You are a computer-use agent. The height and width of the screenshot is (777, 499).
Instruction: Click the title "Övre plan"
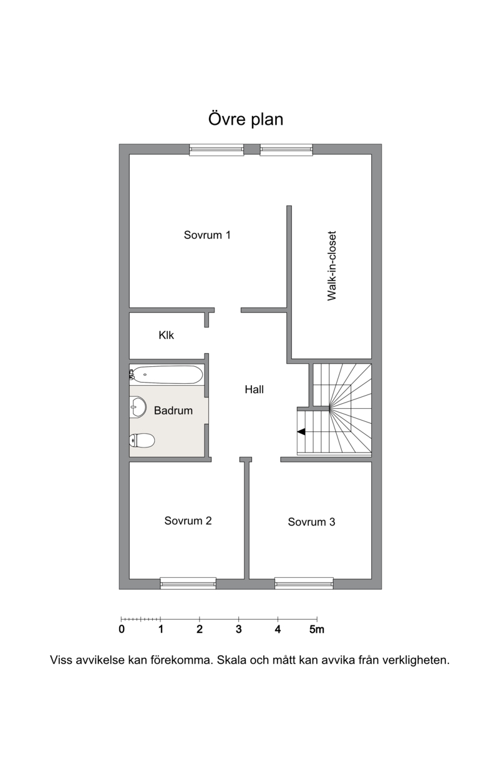pyautogui.click(x=246, y=119)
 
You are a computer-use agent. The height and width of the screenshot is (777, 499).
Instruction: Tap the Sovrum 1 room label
pyautogui.click(x=207, y=235)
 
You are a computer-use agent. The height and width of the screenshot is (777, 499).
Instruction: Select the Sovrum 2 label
pyautogui.click(x=188, y=520)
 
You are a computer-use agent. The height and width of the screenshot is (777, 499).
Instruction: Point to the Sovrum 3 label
pyautogui.click(x=311, y=522)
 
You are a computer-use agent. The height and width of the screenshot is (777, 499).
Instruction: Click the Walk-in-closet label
pyautogui.click(x=332, y=266)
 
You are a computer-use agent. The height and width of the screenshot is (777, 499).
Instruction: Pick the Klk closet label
pyautogui.click(x=166, y=335)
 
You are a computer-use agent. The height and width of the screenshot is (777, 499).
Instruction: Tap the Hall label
pyautogui.click(x=254, y=389)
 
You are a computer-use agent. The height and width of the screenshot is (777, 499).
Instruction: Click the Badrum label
pyautogui.click(x=173, y=411)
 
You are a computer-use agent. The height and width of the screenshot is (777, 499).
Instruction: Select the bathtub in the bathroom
pyautogui.click(x=166, y=374)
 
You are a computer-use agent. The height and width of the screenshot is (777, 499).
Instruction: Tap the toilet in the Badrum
pyautogui.click(x=142, y=441)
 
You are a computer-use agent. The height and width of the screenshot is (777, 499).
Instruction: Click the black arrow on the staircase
pyautogui.click(x=301, y=431)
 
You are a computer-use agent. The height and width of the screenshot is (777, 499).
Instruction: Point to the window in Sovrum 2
pyautogui.click(x=188, y=584)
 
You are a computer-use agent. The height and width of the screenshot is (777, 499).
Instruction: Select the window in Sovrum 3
pyautogui.click(x=304, y=584)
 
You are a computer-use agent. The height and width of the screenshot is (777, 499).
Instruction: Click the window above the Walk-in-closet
pyautogui.click(x=286, y=150)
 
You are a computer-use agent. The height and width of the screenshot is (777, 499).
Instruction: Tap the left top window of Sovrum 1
pyautogui.click(x=216, y=150)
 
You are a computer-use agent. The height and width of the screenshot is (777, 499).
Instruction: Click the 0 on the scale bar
pyautogui.click(x=122, y=629)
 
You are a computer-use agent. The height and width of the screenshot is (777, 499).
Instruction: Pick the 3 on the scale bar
pyautogui.click(x=238, y=629)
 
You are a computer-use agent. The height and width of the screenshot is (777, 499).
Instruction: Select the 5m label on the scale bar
pyautogui.click(x=317, y=629)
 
